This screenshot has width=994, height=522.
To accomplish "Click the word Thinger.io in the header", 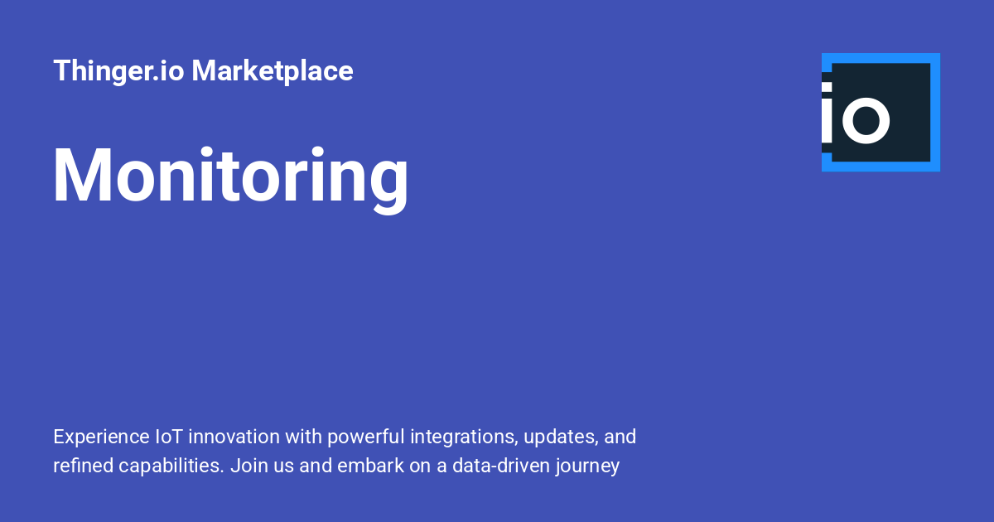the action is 118,71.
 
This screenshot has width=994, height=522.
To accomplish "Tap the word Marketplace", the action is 273,71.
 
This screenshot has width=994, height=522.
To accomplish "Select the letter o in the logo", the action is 866,120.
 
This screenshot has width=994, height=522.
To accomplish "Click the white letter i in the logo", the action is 827,113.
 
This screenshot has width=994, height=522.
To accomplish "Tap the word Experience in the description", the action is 101,437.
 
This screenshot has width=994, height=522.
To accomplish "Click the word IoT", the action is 169,437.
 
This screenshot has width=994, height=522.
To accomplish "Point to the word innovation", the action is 234,437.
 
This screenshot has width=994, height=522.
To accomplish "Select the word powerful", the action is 366,437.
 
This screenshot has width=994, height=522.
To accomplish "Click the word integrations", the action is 464,437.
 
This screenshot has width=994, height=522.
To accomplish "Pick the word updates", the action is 561,437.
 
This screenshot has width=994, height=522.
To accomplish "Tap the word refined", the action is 84,466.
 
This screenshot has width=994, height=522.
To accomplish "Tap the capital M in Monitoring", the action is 83,175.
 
